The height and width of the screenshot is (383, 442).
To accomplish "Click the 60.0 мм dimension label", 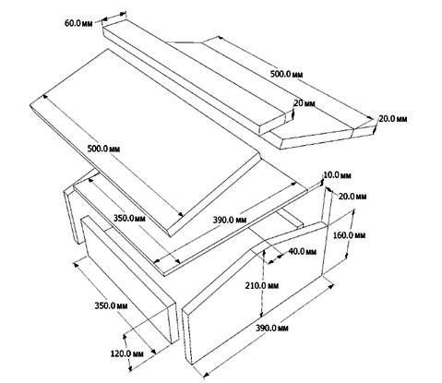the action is coord(78,23).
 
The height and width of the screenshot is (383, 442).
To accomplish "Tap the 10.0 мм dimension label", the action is coord(337,175).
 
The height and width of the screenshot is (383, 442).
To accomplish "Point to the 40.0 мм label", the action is coord(302,251).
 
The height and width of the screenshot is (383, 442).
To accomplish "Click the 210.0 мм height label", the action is coord(262,285).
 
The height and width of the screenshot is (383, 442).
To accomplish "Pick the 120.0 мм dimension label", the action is coord(126,353).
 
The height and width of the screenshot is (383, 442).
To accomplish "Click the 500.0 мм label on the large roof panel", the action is coord(103,149).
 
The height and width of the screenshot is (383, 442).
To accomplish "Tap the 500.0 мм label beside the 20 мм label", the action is coord(286,74).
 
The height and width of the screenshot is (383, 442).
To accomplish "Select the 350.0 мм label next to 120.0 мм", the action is coord(111,305).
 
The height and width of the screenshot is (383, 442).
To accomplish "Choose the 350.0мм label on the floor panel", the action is coord(129,219).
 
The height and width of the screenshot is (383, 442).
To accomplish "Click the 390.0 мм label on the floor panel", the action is coord(230,220).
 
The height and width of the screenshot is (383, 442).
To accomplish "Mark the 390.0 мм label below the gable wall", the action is coord(272,328).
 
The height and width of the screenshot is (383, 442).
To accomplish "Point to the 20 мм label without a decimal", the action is coord(305,103).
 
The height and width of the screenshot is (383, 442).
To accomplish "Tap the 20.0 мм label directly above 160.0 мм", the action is coord(352,197).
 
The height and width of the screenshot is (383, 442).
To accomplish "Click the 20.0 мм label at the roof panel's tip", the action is coord(393,119).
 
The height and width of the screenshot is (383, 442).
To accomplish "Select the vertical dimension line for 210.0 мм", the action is coord(263,283).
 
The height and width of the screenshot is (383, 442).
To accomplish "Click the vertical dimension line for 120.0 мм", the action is coord(127,353).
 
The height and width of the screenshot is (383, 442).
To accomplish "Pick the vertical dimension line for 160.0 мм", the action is coord(351,234).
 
